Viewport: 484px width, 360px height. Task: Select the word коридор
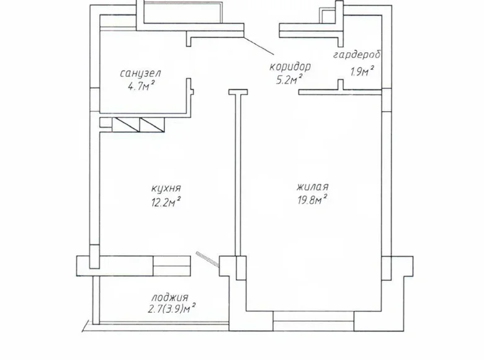point(289,66)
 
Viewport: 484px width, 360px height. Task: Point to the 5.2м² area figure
point(289,79)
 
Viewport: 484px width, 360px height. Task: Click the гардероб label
point(356,55)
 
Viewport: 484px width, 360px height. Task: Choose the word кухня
point(166,188)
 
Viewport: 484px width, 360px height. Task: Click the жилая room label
point(312,187)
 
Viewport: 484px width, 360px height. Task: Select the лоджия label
point(169,297)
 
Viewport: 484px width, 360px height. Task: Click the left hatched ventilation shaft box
point(126,125)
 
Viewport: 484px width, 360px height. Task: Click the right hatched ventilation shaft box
point(153,125)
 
